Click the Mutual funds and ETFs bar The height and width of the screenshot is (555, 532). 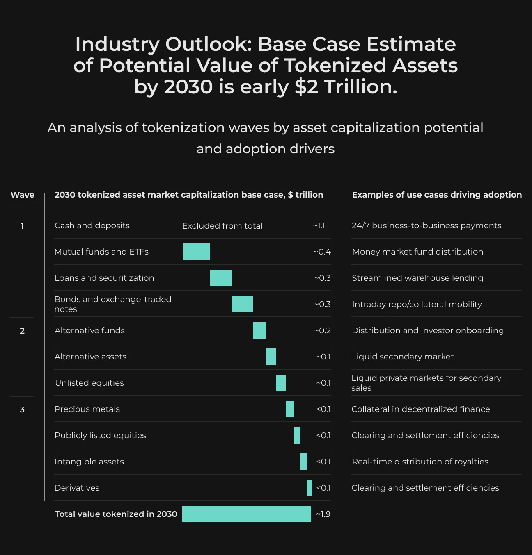click(x=197, y=252)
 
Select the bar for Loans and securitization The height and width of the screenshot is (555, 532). click(x=221, y=278)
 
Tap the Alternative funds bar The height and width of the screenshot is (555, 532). click(x=259, y=330)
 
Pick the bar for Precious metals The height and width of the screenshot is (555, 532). click(x=289, y=409)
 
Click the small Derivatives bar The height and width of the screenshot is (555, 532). click(x=310, y=488)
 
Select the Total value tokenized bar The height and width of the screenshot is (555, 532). click(x=247, y=514)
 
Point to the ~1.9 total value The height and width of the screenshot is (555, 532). click(x=323, y=514)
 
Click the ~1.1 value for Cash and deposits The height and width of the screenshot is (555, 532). click(x=319, y=225)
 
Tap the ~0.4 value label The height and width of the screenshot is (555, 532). click(x=322, y=252)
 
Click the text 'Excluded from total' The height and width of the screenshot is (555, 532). click(x=222, y=226)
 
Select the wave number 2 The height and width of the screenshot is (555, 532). click(x=22, y=331)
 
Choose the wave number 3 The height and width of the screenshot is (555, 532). click(x=22, y=409)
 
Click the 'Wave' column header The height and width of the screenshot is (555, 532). click(x=22, y=195)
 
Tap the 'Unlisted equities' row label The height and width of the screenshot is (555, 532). click(x=89, y=383)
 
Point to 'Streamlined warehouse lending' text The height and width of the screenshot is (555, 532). click(x=417, y=278)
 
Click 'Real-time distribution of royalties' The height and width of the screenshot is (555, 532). click(x=420, y=462)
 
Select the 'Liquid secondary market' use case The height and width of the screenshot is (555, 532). click(x=403, y=357)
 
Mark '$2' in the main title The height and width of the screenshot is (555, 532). click(x=306, y=87)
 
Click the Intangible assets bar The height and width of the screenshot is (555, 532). click(x=304, y=462)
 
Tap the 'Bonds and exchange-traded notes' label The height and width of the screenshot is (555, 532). click(x=113, y=304)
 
